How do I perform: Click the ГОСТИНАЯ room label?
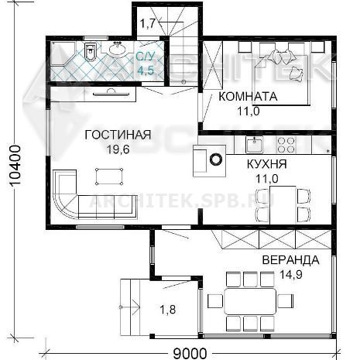tap(118, 135)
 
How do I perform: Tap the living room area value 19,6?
tap(118, 149)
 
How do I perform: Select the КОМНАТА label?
tap(248, 97)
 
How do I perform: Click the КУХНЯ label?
tap(267, 164)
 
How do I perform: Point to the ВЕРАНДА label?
tap(291, 260)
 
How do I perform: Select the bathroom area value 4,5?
tap(146, 70)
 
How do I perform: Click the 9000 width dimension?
tap(190, 354)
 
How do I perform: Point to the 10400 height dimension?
tap(15, 165)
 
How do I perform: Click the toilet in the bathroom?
tap(90, 51)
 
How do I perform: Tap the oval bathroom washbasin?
tap(118, 49)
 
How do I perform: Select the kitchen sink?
tap(255, 145)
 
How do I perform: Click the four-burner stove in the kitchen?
tap(286, 145)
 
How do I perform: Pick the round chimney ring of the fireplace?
tap(216, 159)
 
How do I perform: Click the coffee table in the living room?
tap(109, 177)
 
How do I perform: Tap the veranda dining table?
tap(250, 301)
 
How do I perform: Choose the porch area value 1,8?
tap(168, 310)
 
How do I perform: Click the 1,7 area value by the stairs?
tap(148, 24)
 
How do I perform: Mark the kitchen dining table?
tap(283, 205)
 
